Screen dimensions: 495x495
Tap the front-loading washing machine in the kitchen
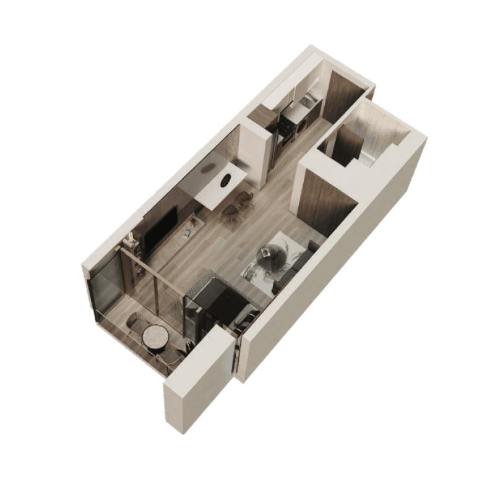coord(303,124)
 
